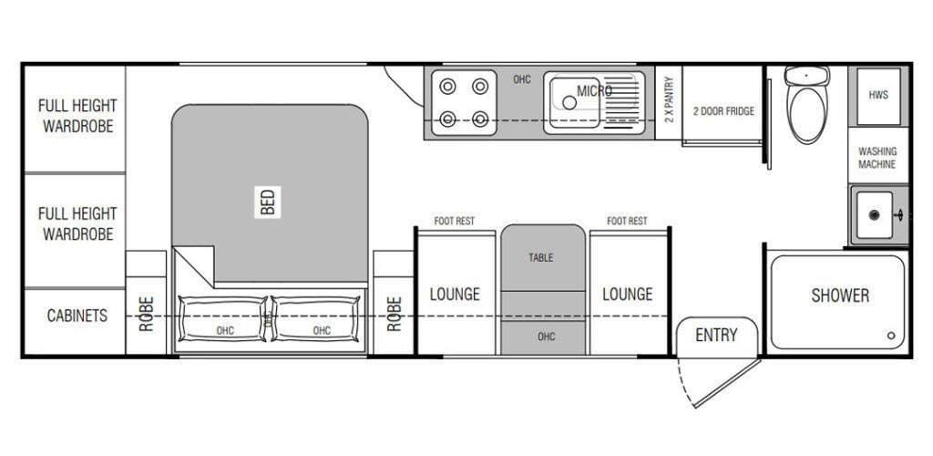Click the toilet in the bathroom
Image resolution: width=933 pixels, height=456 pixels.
pyautogui.click(x=807, y=104)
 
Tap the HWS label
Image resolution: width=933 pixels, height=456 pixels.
pyautogui.click(x=878, y=95)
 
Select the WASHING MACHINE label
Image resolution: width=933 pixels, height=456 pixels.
pyautogui.click(x=877, y=158)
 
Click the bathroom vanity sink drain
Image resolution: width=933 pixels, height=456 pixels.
pyautogui.click(x=874, y=215)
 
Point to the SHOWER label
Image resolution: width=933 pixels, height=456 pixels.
pyautogui.click(x=839, y=295)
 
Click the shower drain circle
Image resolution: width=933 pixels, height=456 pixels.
pyautogui.click(x=891, y=336)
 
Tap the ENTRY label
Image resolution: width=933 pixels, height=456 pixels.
pyautogui.click(x=716, y=335)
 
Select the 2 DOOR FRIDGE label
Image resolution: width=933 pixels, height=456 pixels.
pyautogui.click(x=723, y=111)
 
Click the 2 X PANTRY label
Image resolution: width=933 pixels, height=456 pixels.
pyautogui.click(x=669, y=100)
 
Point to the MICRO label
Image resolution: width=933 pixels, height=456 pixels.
pyautogui.click(x=594, y=90)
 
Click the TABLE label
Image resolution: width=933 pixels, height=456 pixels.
pyautogui.click(x=541, y=258)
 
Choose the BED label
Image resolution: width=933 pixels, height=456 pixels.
pyautogui.click(x=268, y=202)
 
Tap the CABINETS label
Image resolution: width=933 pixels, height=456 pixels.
pyautogui.click(x=77, y=316)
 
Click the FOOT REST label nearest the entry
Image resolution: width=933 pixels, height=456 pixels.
pyautogui.click(x=627, y=221)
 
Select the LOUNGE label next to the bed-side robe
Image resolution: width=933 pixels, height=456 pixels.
pyautogui.click(x=455, y=294)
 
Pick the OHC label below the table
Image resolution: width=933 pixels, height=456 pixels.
pyautogui.click(x=547, y=337)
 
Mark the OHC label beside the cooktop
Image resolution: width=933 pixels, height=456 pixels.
pyautogui.click(x=522, y=79)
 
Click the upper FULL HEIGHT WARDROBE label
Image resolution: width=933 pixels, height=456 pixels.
pyautogui.click(x=77, y=116)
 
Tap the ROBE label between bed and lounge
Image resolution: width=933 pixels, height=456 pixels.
pyautogui.click(x=394, y=314)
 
